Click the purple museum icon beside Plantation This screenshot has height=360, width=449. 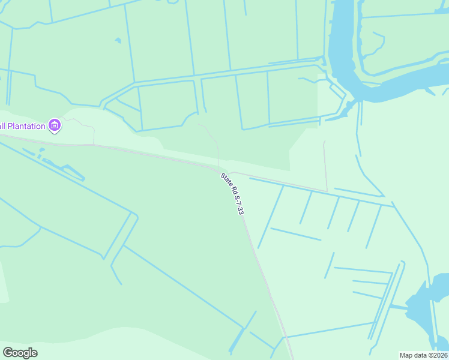click(x=55, y=125)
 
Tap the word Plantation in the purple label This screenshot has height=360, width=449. click(x=27, y=126)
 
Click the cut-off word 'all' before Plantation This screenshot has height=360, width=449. click(x=3, y=126)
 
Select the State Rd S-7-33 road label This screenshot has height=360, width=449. click(x=236, y=194)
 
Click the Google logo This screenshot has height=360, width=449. click(x=20, y=352)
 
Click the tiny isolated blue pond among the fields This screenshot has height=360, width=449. click(x=118, y=41)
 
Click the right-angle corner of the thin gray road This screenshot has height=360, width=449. click(x=327, y=191)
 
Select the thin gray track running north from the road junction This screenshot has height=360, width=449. click(x=214, y=144)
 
